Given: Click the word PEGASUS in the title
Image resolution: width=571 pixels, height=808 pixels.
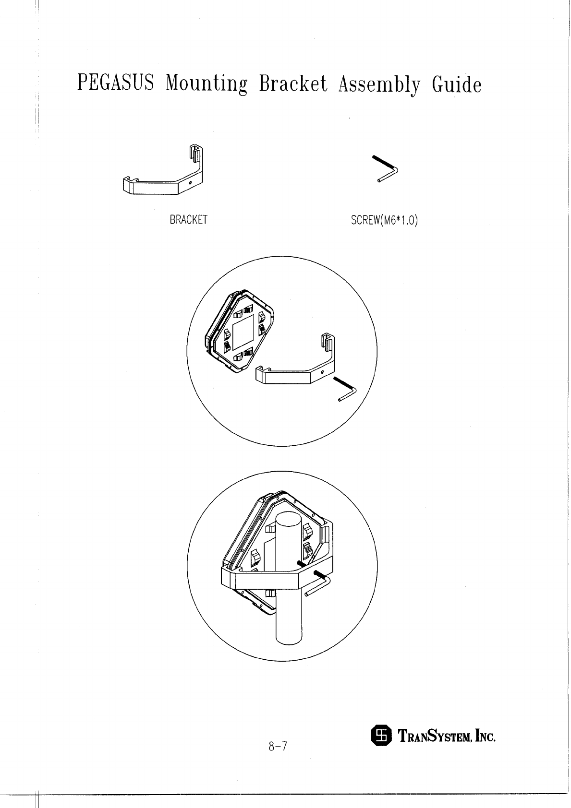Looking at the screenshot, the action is [115, 84].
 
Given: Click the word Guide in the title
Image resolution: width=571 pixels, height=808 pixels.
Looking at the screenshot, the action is [456, 84].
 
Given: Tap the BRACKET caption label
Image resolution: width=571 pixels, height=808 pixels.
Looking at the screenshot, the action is [188, 220].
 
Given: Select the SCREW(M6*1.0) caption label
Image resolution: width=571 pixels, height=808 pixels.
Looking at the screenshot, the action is [385, 220].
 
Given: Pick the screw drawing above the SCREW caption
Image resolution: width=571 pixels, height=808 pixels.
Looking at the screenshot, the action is [387, 168].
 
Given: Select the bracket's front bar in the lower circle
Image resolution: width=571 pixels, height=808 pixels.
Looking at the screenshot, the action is [267, 580].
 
